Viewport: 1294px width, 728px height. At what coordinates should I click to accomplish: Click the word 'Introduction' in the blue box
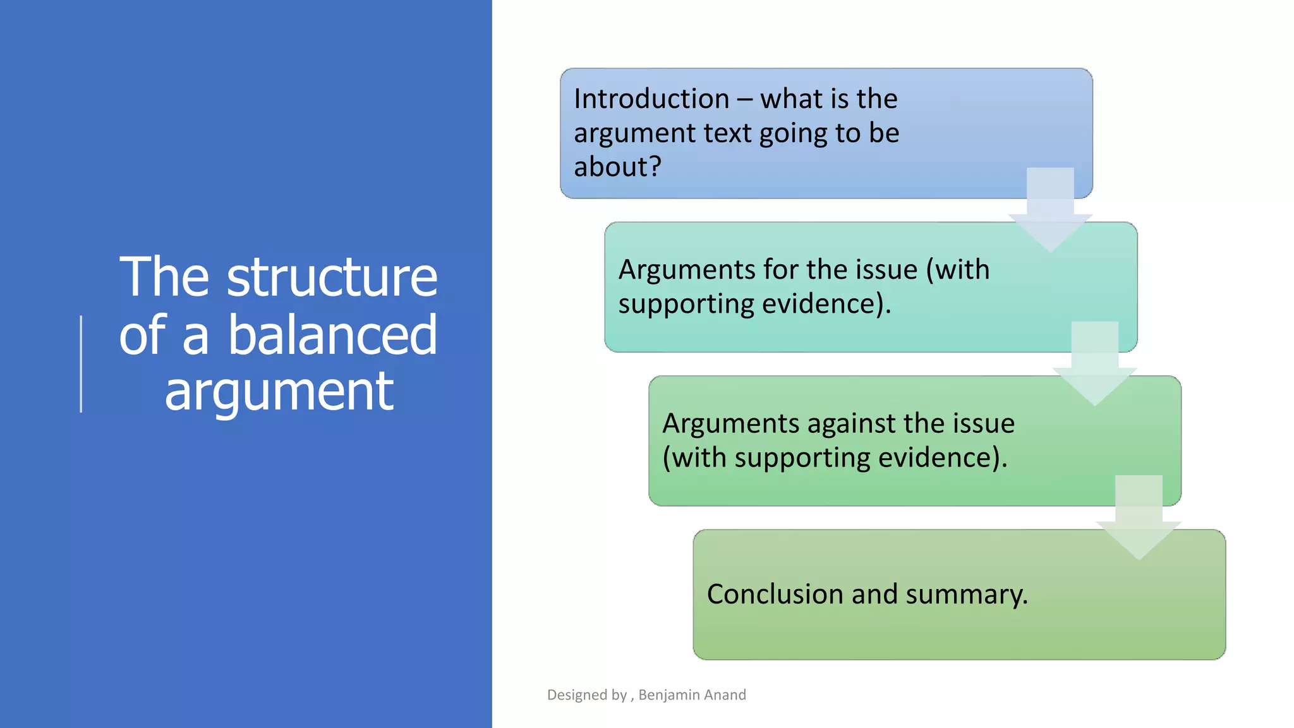click(651, 99)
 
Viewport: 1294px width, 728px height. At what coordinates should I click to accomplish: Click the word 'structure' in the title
click(332, 277)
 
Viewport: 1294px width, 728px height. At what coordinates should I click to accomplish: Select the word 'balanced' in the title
click(332, 335)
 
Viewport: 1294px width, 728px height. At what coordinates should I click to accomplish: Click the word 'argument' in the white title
click(279, 392)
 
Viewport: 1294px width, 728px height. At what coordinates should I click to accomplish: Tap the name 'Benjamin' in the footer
click(666, 695)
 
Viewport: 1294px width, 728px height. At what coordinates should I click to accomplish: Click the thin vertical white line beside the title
click(81, 364)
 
